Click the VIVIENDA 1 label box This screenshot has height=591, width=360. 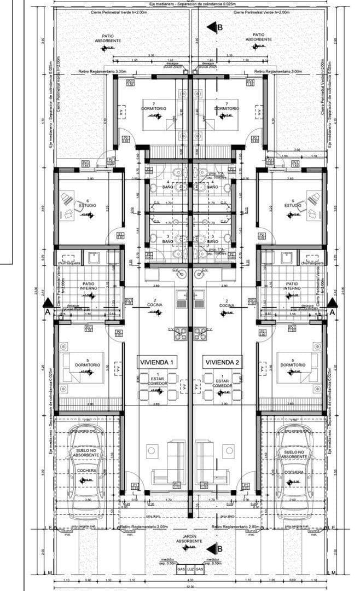tap(157, 362)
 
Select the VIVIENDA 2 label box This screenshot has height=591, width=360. tap(222, 362)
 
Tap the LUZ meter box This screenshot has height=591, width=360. tap(190, 569)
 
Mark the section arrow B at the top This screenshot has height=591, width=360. tap(214, 27)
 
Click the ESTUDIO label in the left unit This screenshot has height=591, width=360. tap(88, 205)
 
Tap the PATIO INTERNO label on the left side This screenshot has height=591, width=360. tap(89, 286)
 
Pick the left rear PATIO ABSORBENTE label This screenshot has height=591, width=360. tap(112, 38)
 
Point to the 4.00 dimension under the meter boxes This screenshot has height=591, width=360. tap(190, 580)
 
